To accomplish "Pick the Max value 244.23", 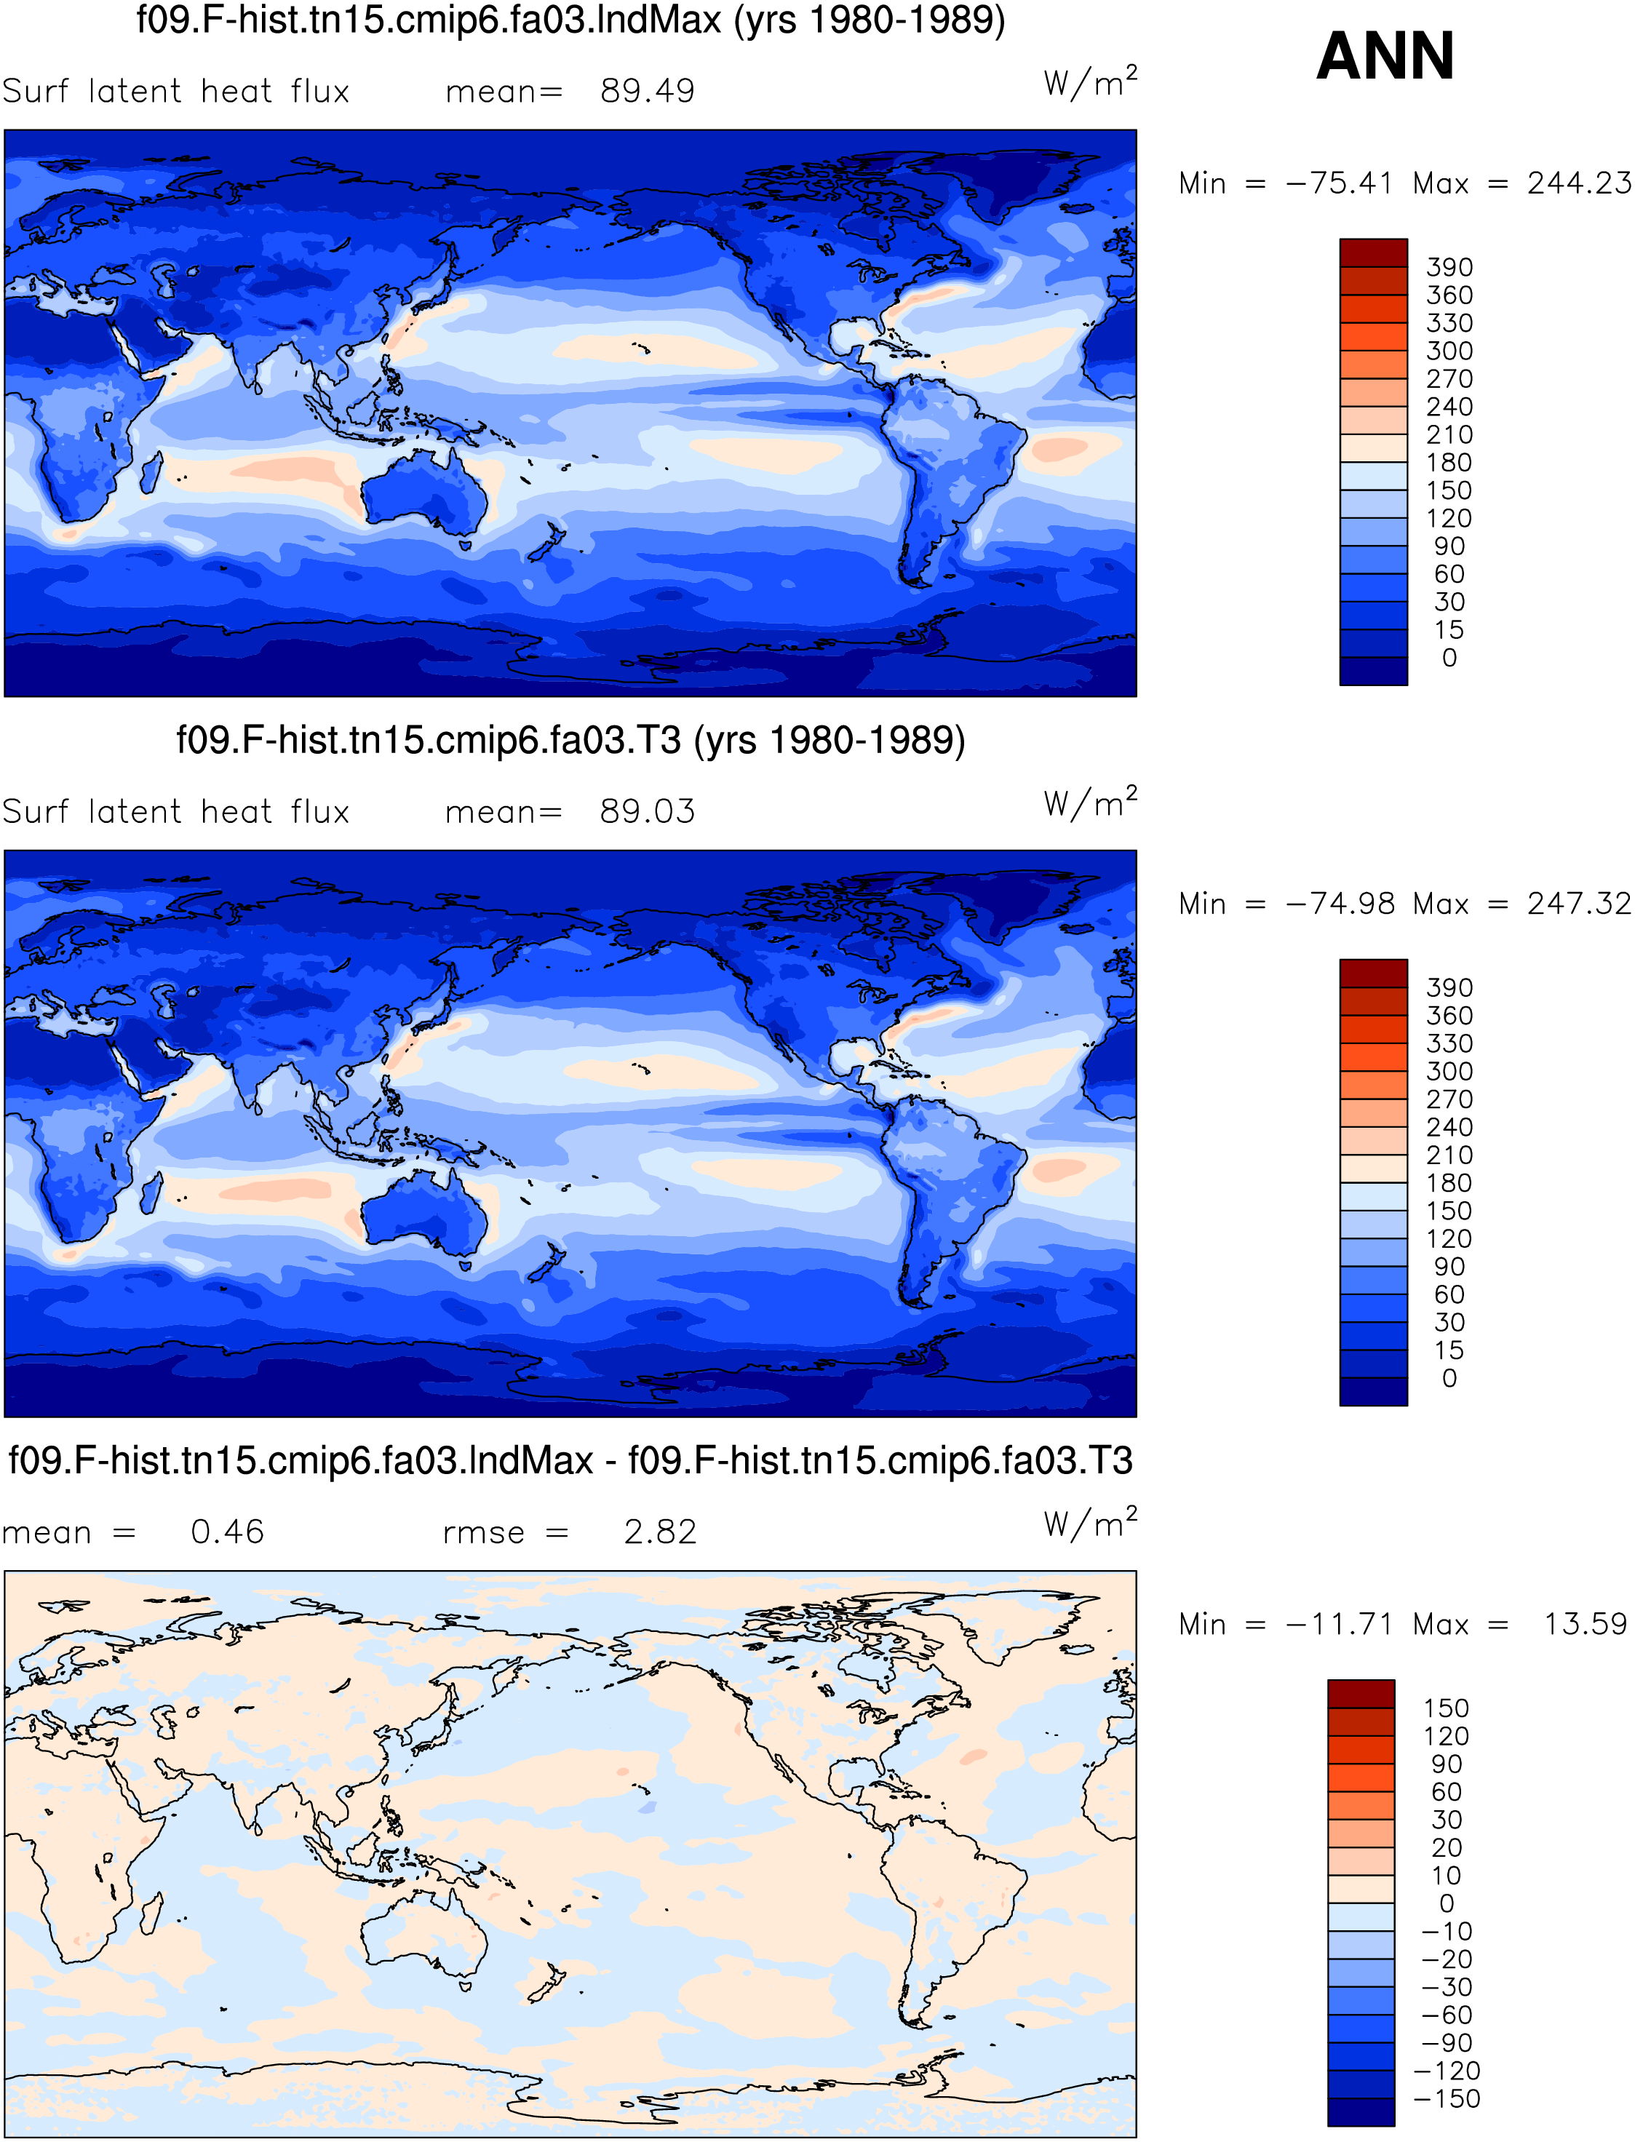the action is tap(1578, 183).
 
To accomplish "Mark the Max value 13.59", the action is tap(1586, 1623).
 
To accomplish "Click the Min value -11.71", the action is tap(1339, 1623).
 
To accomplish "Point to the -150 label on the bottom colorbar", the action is tap(1447, 2098).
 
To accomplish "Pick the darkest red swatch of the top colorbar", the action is tap(1373, 253).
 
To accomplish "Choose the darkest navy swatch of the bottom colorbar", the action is tap(1361, 2112).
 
